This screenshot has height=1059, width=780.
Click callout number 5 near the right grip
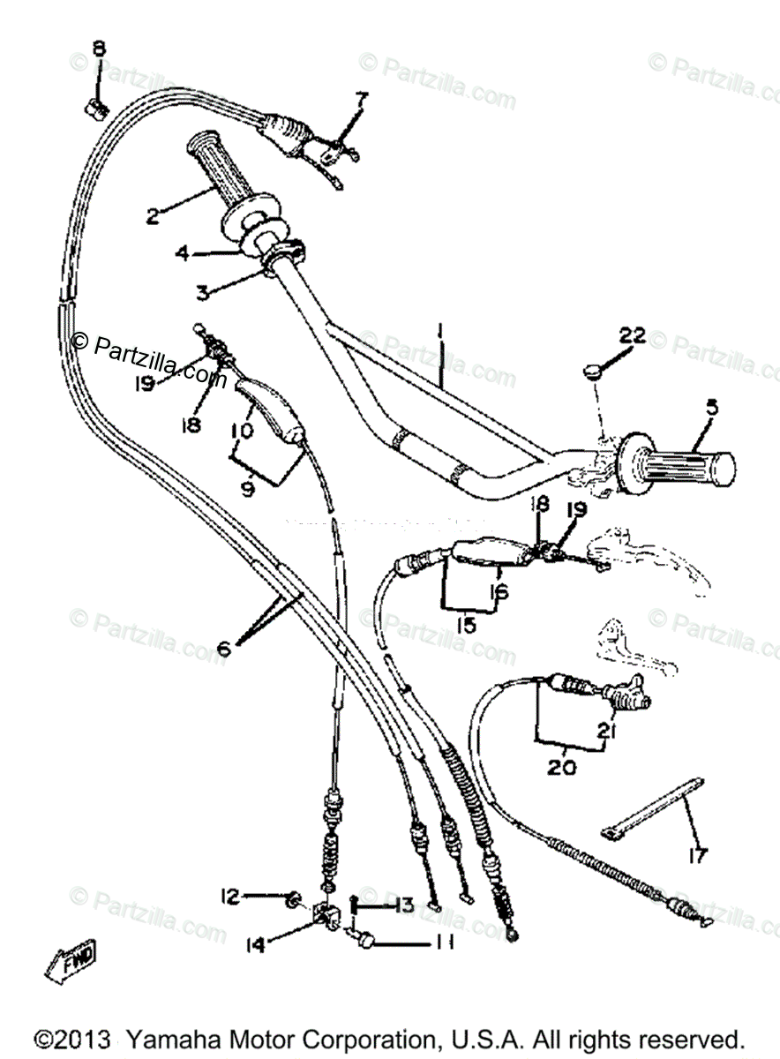click(711, 408)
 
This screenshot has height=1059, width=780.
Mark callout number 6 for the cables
click(223, 649)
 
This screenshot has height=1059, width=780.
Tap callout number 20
click(560, 768)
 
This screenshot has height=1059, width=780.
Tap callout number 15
click(466, 625)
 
